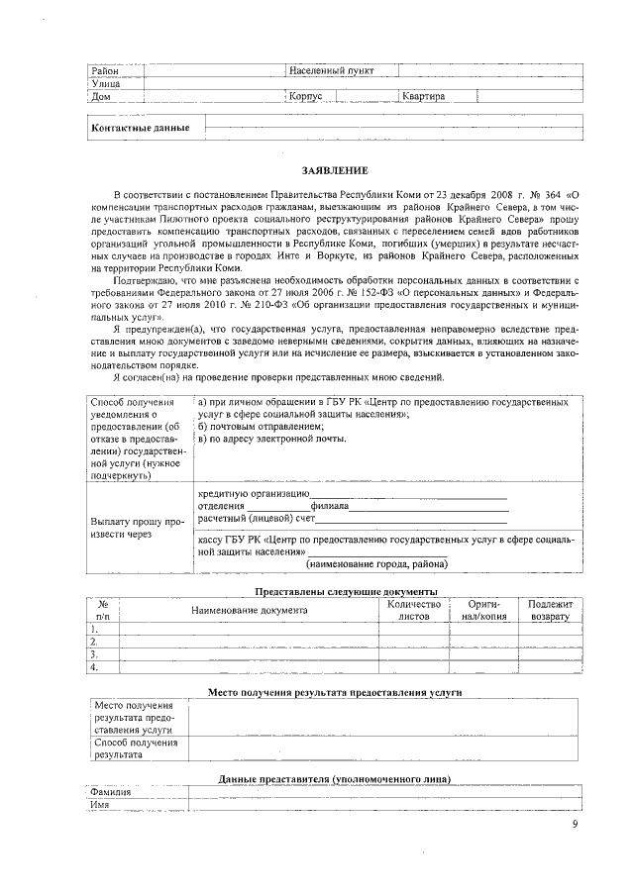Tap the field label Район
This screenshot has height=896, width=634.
click(105, 71)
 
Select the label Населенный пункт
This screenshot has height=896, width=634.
click(325, 71)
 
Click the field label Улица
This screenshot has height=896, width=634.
click(105, 84)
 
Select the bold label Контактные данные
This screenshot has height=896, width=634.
click(140, 129)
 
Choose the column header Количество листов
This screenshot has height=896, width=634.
click(413, 610)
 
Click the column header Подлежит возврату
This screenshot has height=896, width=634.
click(550, 610)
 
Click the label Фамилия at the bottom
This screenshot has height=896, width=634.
click(111, 792)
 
